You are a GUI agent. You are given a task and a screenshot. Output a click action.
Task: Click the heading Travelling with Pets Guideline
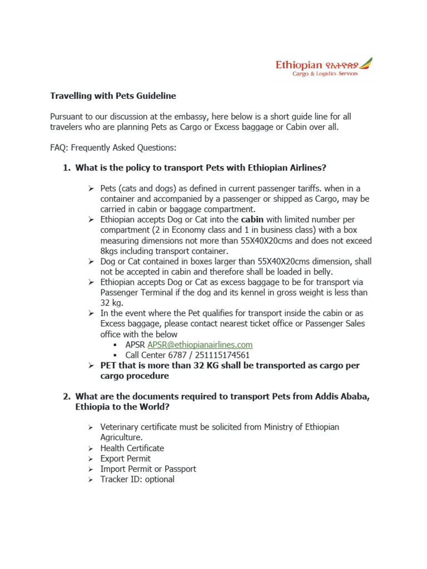(113, 96)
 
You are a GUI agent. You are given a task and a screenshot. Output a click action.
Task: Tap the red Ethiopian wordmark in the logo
(299, 65)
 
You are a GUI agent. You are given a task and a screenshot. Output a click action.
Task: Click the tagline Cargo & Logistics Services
(325, 74)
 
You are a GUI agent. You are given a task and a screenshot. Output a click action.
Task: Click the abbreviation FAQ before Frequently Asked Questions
(59, 147)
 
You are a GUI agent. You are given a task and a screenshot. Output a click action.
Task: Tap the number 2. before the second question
(67, 396)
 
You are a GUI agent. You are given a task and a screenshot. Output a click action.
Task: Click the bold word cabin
(252, 219)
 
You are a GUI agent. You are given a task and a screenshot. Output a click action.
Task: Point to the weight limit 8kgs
(111, 251)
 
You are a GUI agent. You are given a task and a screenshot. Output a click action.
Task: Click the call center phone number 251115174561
(219, 355)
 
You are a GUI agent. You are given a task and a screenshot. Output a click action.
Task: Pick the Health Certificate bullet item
(132, 448)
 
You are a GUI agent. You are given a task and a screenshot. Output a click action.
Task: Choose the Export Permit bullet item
(125, 458)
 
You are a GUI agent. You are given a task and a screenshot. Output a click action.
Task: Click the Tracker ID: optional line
(137, 479)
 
